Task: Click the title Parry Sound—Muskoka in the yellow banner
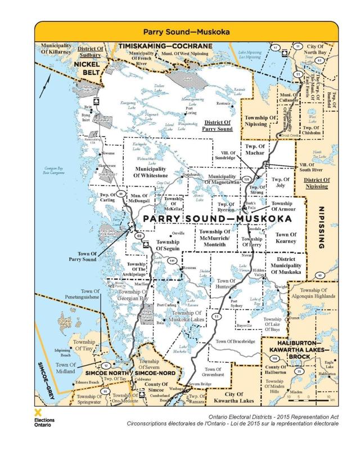tap(180, 33)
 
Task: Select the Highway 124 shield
tap(246, 179)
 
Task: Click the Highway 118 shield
tap(274, 358)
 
